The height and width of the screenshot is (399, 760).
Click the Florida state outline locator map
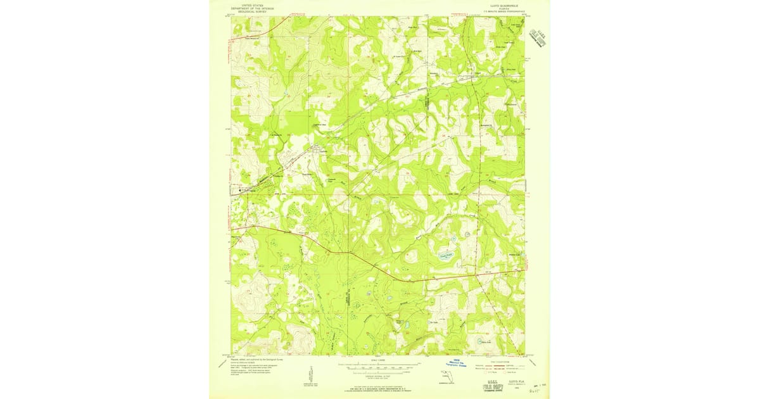tap(446, 379)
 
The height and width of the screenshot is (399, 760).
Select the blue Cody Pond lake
tap(445, 255)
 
